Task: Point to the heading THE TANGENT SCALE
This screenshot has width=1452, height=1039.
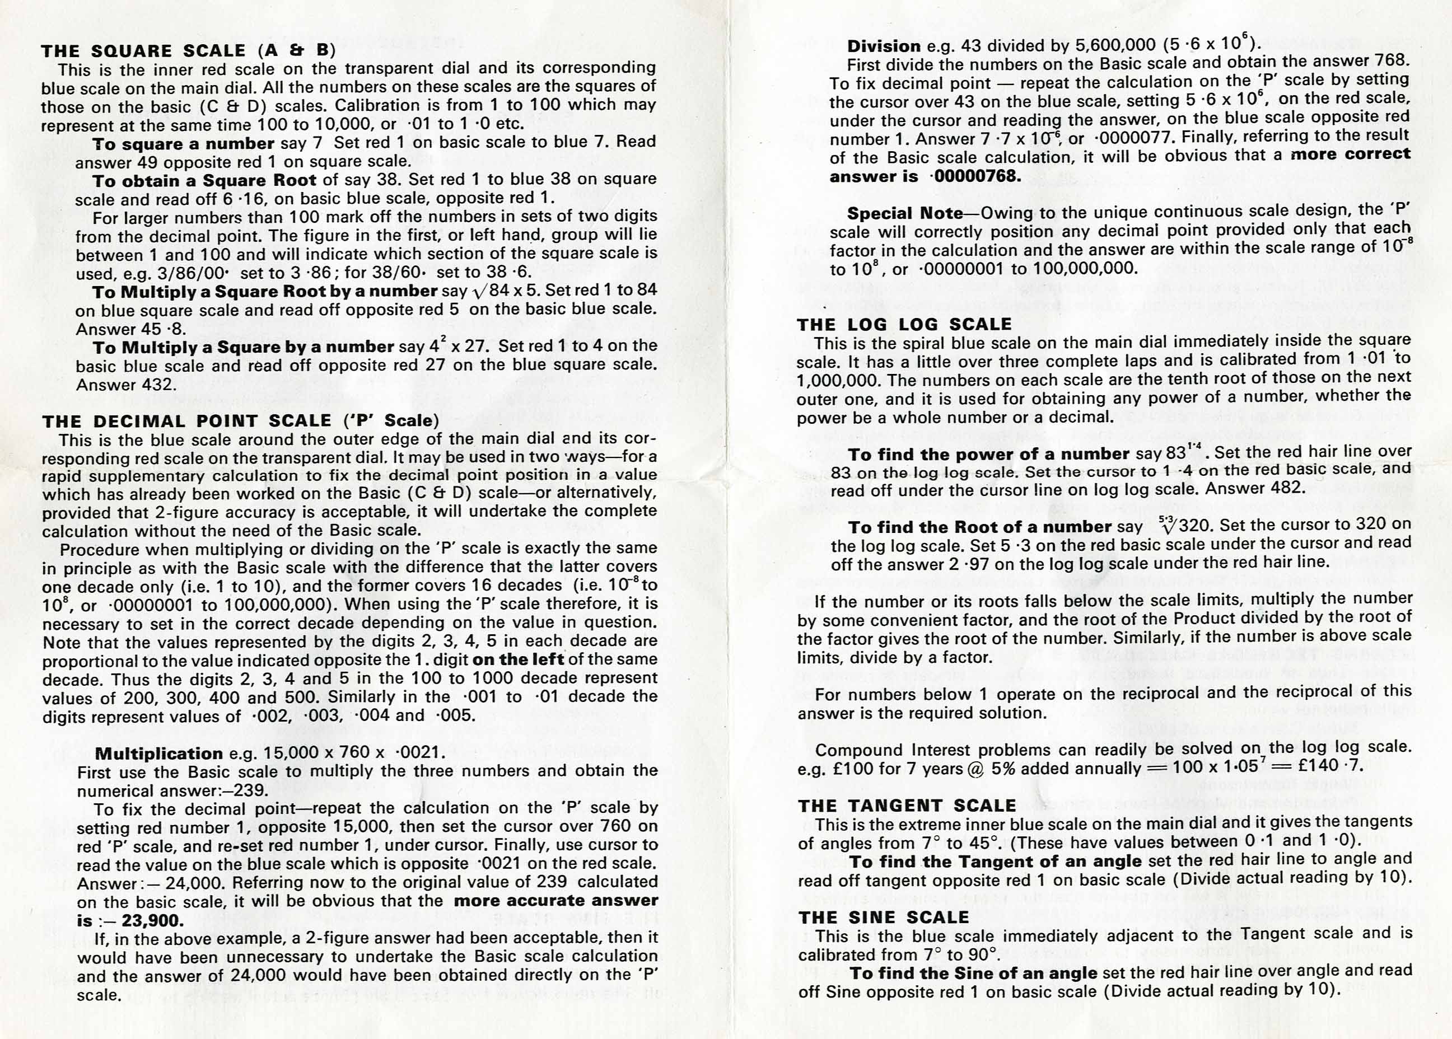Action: click(907, 806)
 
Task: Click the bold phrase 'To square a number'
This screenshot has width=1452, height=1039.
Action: click(184, 143)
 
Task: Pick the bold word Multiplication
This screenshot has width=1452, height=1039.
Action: click(158, 753)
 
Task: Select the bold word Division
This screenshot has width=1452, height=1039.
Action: click(884, 46)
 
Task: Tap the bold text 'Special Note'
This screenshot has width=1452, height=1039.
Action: click(905, 213)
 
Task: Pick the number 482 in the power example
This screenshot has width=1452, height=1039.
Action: click(1283, 488)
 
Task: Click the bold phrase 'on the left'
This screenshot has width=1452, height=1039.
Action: click(518, 659)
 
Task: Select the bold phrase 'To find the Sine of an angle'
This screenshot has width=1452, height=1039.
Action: click(973, 973)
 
